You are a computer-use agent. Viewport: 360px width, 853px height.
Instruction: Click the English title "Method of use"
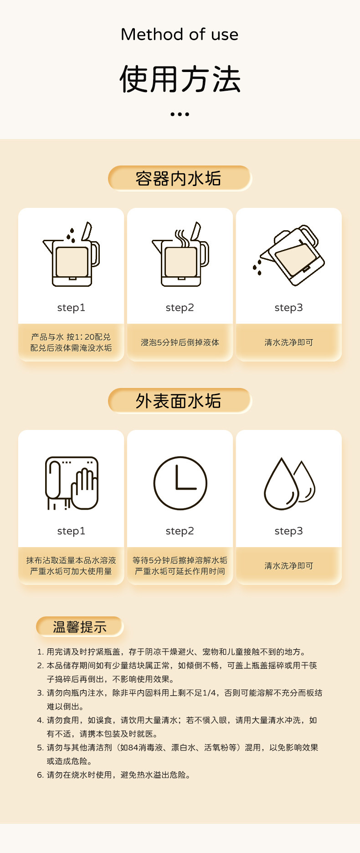[x=180, y=34]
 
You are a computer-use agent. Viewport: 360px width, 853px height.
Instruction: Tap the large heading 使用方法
[x=180, y=79]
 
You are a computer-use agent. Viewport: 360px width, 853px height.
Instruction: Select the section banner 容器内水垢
[x=180, y=178]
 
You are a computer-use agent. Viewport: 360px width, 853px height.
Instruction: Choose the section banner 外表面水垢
[x=180, y=401]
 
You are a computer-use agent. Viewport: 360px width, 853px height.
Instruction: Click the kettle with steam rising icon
[x=180, y=254]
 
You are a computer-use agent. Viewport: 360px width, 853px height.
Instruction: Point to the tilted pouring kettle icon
[x=289, y=255]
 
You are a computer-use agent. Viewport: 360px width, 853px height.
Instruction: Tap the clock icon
[x=180, y=483]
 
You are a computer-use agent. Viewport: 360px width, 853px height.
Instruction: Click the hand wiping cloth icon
[x=72, y=483]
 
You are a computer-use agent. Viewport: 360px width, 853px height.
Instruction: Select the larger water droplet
[x=281, y=484]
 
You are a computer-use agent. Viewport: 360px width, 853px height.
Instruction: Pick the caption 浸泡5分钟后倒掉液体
[x=180, y=342]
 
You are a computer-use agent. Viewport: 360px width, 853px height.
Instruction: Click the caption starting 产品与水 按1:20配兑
[x=71, y=342]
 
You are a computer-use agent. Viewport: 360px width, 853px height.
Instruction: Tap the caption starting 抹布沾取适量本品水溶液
[x=71, y=566]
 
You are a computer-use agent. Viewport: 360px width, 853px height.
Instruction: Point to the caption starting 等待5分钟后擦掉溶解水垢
[x=180, y=566]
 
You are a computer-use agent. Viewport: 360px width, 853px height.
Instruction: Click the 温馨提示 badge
[x=80, y=627]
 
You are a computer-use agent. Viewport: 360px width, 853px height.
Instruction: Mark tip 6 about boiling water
[x=114, y=775]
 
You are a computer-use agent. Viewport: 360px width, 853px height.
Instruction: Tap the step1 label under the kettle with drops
[x=71, y=308]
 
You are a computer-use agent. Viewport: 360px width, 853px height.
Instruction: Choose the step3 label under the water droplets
[x=288, y=531]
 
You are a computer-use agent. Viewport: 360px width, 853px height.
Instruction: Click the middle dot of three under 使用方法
[x=180, y=114]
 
